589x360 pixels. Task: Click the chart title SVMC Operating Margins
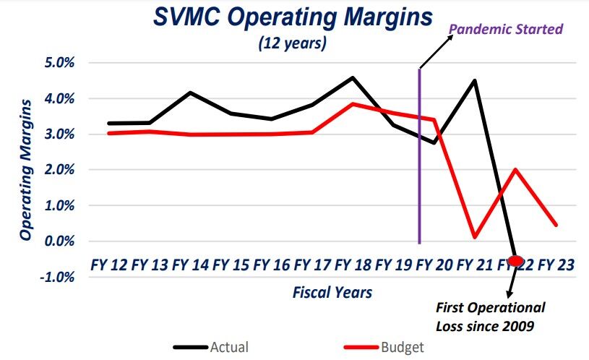click(x=293, y=17)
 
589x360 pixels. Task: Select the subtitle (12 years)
click(x=293, y=43)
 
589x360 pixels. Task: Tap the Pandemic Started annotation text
click(x=506, y=30)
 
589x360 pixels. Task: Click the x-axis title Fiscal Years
click(x=332, y=293)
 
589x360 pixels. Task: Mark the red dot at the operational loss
click(x=515, y=260)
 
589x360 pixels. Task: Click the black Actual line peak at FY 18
click(x=352, y=77)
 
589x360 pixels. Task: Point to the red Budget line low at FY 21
click(x=475, y=237)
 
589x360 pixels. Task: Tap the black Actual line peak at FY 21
click(x=475, y=80)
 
